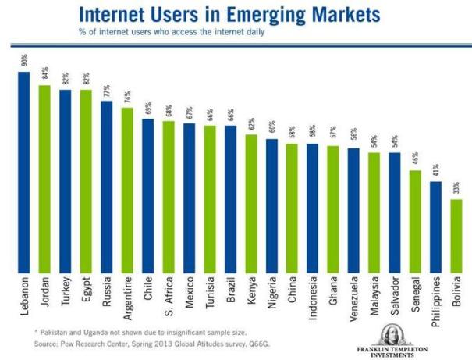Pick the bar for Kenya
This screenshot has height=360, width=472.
(x=250, y=204)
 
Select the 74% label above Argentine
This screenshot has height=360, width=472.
(x=126, y=98)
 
